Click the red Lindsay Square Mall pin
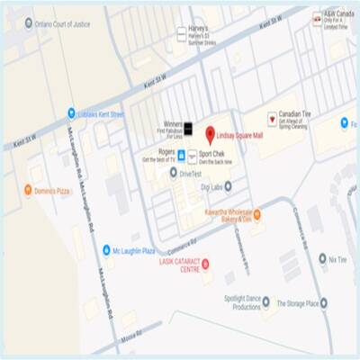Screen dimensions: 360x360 pos(210,135)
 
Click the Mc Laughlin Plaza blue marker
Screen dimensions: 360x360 pos(105,250)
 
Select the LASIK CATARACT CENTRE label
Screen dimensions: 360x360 pos(177,266)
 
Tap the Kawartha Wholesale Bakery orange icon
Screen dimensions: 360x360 pos(256,214)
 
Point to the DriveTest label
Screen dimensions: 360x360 pos(191,173)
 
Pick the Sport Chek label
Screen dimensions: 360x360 pos(216,154)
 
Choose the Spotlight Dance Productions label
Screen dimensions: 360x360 pos(234,302)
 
